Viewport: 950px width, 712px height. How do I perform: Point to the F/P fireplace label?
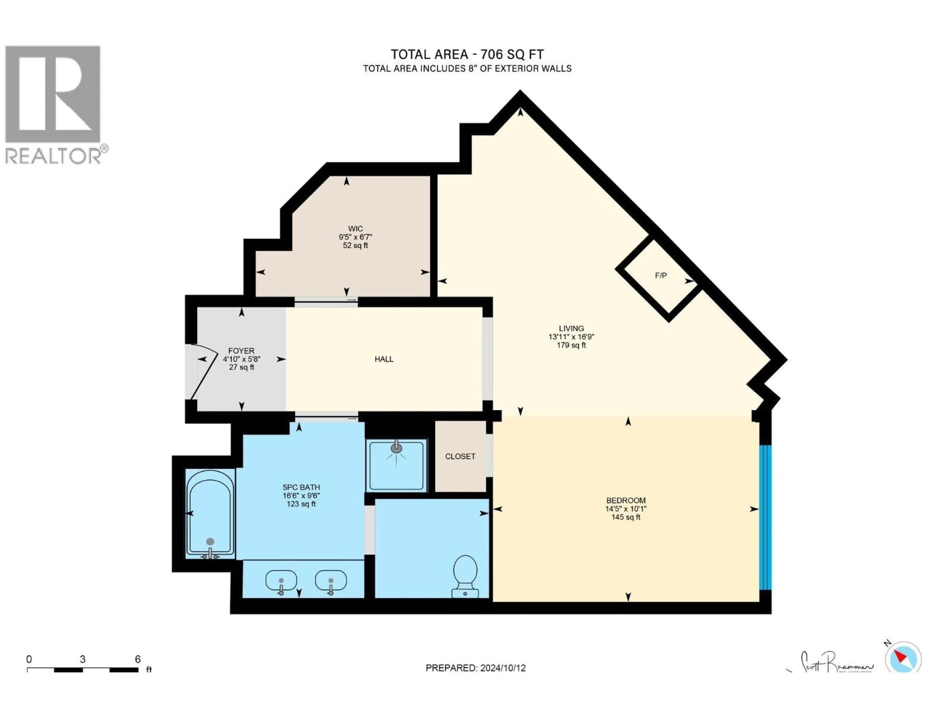(x=661, y=276)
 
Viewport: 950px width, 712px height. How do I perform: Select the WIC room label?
(x=355, y=229)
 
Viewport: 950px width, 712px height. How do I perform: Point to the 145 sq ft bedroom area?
(x=626, y=517)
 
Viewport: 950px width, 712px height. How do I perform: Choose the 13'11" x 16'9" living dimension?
(x=571, y=337)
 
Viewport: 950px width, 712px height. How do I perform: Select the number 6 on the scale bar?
(x=138, y=659)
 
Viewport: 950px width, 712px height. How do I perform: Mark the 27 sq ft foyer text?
(x=241, y=367)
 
